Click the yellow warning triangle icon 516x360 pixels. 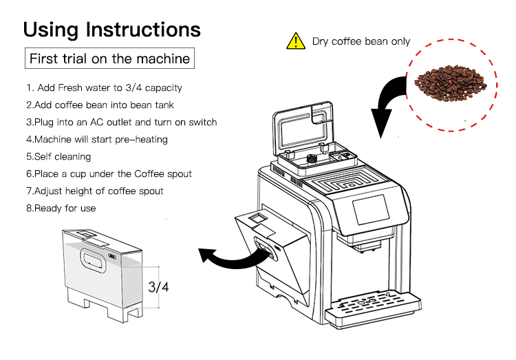click(x=295, y=41)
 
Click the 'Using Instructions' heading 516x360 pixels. click(x=112, y=30)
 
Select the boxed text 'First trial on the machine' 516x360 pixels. click(x=109, y=59)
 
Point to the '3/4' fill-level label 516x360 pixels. click(x=158, y=286)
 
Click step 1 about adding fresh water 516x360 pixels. click(x=104, y=88)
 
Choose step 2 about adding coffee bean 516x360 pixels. click(x=100, y=105)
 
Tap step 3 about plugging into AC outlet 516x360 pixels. click(x=121, y=123)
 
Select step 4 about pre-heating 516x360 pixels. click(x=96, y=140)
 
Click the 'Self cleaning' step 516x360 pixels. click(x=58, y=157)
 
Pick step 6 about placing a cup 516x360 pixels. click(x=109, y=174)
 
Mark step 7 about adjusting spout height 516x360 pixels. click(x=95, y=191)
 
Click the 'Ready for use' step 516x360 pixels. click(x=61, y=208)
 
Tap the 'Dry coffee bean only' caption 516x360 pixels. click(x=361, y=41)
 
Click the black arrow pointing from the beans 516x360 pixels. click(x=389, y=103)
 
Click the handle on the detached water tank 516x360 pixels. click(x=94, y=260)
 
